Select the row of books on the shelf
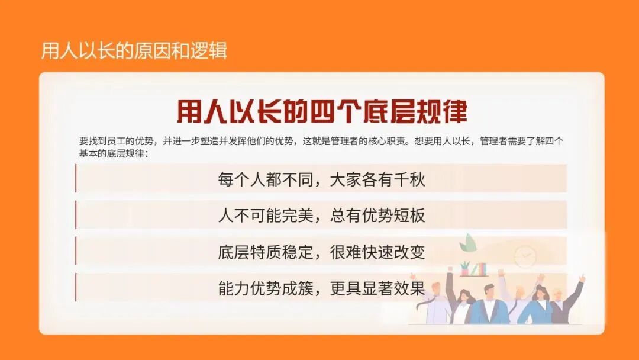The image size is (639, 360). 480,269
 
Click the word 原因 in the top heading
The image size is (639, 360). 150,51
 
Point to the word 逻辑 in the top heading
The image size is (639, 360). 208,51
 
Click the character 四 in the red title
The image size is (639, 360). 344,111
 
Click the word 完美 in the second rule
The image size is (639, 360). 295,216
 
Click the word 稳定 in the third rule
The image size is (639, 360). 295,252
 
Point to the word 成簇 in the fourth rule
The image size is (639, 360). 295,288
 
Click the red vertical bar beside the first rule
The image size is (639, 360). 76,178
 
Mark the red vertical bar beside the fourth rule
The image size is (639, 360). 76,288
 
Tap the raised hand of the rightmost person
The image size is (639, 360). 582,278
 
